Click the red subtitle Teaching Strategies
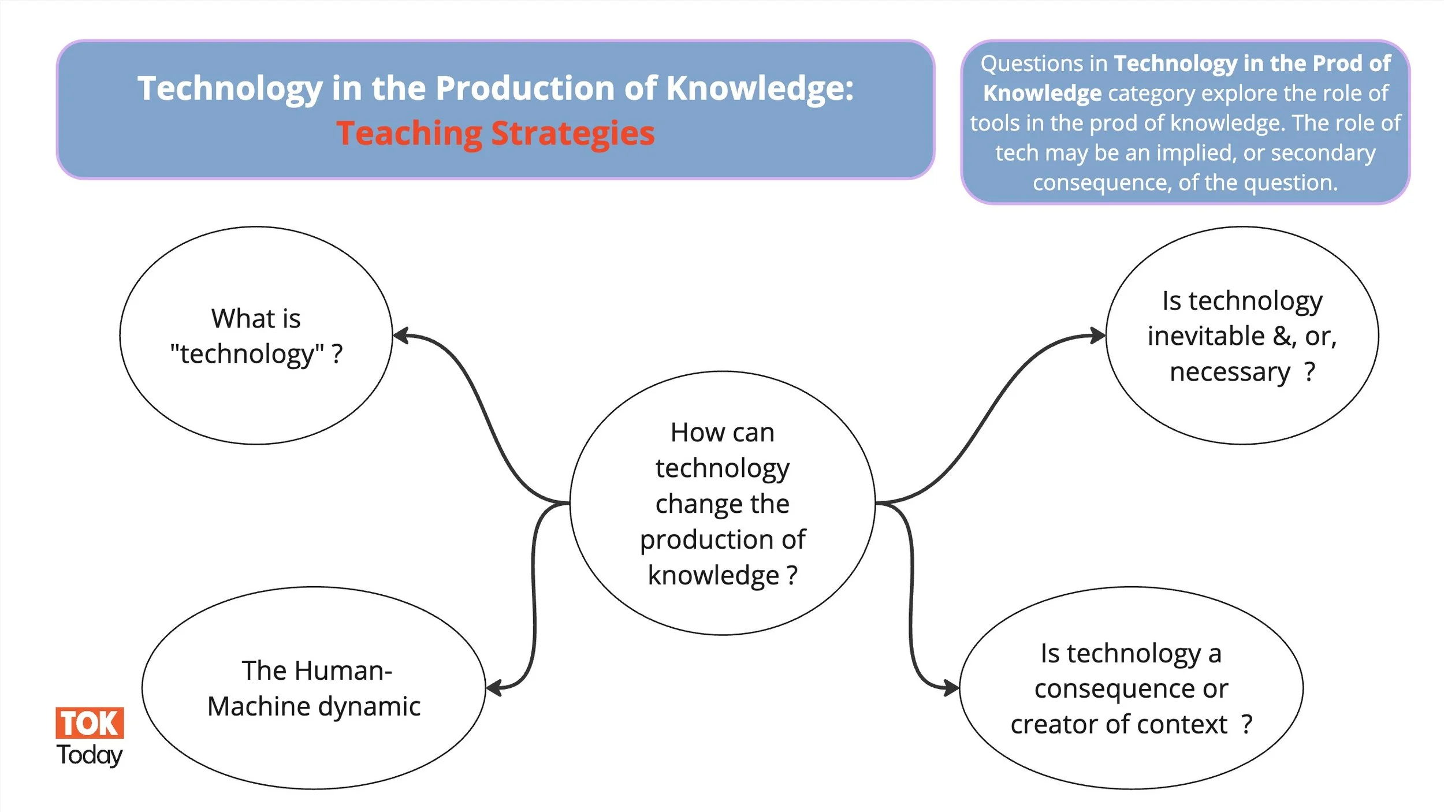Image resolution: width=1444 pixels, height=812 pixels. click(495, 133)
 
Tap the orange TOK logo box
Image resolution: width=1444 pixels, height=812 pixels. click(90, 723)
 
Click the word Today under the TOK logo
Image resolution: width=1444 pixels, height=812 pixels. click(90, 755)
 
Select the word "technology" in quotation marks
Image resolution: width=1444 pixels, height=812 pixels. click(247, 353)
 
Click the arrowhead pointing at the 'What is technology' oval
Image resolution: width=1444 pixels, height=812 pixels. click(400, 336)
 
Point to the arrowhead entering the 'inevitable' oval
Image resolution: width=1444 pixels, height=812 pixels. click(1098, 336)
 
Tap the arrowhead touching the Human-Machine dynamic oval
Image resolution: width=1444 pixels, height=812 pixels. click(493, 688)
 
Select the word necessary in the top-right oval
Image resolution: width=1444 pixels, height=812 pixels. click(1229, 372)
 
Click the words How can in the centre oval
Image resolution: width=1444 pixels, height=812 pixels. click(722, 433)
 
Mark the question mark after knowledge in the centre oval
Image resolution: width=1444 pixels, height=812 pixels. click(792, 575)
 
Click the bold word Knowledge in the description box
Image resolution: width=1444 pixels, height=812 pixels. click(1042, 94)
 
